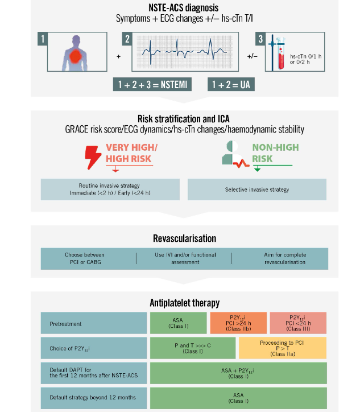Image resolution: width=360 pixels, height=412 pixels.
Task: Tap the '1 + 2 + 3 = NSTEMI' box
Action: click(152, 85)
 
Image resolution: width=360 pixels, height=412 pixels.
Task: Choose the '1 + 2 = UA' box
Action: click(231, 85)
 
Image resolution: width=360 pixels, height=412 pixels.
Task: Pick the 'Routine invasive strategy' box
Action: click(110, 189)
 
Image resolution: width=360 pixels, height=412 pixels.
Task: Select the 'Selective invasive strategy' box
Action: click(256, 189)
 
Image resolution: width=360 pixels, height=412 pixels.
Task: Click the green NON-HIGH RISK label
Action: click(275, 153)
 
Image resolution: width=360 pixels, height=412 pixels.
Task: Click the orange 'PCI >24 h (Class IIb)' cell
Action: click(237, 323)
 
